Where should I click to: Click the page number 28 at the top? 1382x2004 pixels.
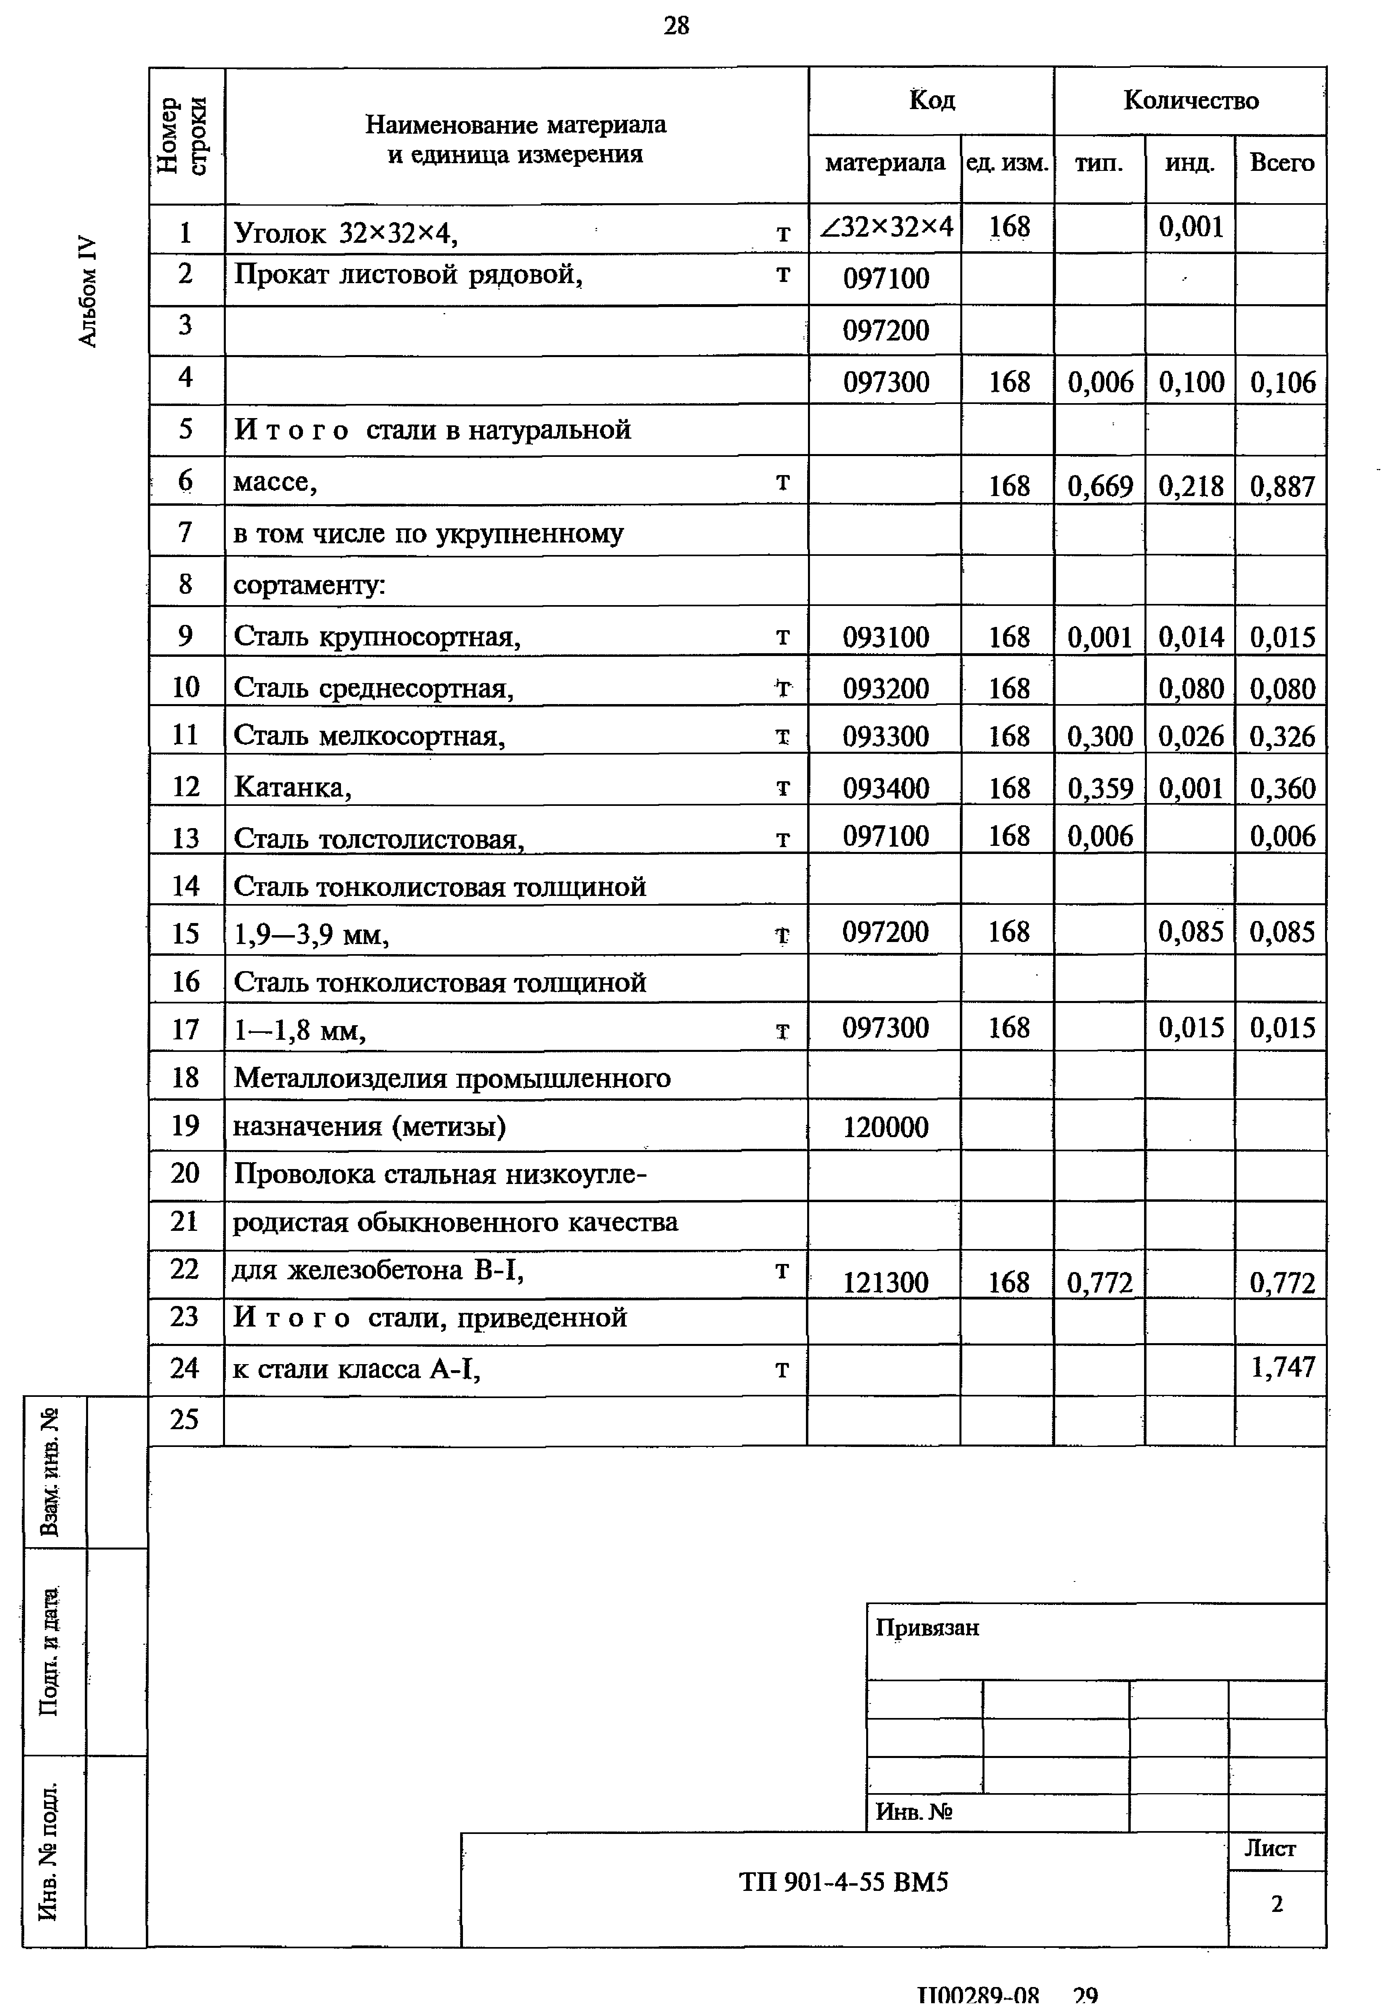pos(676,26)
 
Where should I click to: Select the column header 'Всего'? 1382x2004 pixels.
pos(1281,163)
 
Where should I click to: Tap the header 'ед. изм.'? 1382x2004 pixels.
pos(1007,163)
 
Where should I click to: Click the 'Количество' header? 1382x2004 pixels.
pos(1191,101)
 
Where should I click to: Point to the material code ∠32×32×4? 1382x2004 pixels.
pos(886,227)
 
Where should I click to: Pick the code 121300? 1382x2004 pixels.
pos(885,1282)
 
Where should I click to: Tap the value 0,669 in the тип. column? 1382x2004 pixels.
pos(1100,486)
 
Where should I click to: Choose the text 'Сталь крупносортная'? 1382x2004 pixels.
pos(377,637)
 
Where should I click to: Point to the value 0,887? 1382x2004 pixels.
pos(1282,486)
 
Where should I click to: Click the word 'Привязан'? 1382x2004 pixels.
pos(927,1628)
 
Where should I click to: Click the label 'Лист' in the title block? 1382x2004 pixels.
pos(1269,1848)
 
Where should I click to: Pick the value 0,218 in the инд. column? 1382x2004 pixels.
pos(1191,486)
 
